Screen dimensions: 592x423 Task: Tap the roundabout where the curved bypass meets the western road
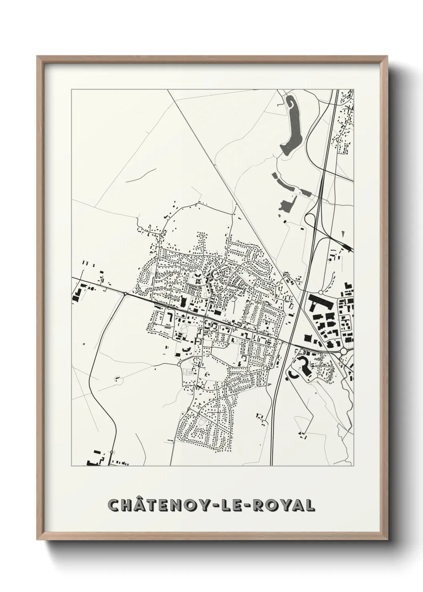point(125,294)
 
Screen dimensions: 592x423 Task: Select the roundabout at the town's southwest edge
point(179,364)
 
